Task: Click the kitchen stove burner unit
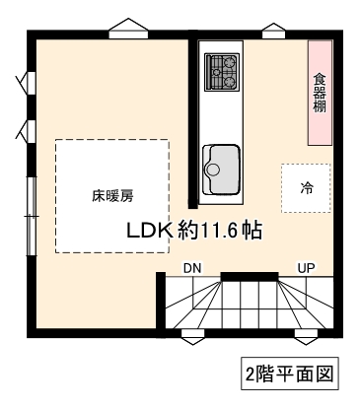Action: coord(222,72)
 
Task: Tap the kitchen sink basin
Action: coord(221,170)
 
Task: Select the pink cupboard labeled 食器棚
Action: coord(320,93)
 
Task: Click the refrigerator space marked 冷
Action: coord(306,188)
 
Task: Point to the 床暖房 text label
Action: coord(112,196)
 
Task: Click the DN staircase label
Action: coord(192,268)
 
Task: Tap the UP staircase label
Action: coord(306,268)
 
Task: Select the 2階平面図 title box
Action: coord(290,374)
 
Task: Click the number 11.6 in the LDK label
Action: coord(218,231)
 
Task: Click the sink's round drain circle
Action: coord(212,170)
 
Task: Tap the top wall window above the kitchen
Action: coord(273,31)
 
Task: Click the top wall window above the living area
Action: coord(128,29)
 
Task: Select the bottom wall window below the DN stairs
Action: coord(193,337)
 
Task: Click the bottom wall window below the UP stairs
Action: coord(306,337)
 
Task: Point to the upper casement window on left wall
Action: coord(27,83)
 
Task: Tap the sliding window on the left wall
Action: coord(32,216)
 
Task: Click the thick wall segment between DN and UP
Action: coord(250,277)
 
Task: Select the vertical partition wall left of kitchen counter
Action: coord(192,124)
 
